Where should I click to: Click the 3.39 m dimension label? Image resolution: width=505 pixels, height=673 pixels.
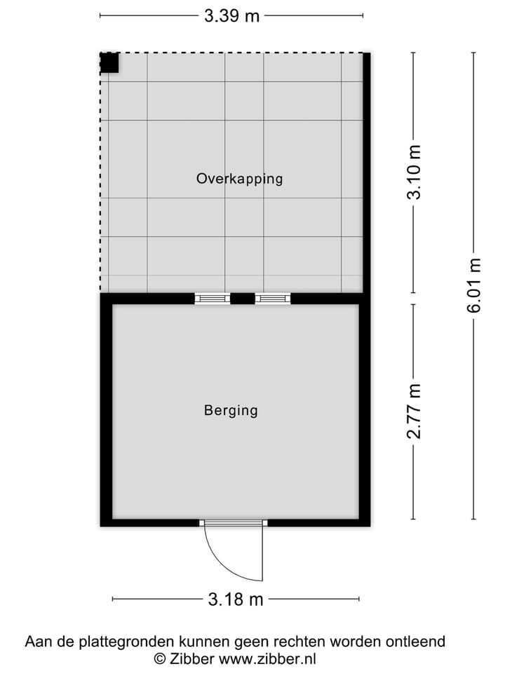click(231, 15)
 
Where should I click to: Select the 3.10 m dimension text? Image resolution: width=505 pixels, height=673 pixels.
click(415, 172)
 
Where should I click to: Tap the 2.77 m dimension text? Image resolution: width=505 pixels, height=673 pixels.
click(415, 411)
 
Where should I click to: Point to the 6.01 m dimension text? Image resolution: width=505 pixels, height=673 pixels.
click(476, 285)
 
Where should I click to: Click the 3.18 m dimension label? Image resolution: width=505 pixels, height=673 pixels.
click(236, 599)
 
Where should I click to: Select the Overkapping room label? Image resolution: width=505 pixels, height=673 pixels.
click(239, 179)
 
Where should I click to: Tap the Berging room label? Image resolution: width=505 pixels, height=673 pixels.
click(231, 411)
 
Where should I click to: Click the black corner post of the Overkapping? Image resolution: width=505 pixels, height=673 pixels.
click(109, 63)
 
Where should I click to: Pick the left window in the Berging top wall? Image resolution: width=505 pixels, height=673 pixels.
click(212, 299)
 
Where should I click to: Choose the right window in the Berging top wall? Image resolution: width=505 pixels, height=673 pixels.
click(273, 299)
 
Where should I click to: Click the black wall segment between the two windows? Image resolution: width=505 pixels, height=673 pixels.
click(242, 299)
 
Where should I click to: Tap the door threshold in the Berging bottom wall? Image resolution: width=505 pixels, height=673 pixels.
click(234, 523)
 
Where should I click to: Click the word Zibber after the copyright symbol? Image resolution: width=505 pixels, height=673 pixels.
click(192, 658)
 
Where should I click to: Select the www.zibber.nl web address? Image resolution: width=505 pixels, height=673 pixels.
click(267, 658)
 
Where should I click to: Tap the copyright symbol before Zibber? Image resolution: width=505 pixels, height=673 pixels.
click(160, 659)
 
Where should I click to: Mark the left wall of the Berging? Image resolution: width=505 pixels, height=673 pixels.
click(107, 410)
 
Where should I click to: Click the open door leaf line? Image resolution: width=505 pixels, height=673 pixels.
click(262, 554)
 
